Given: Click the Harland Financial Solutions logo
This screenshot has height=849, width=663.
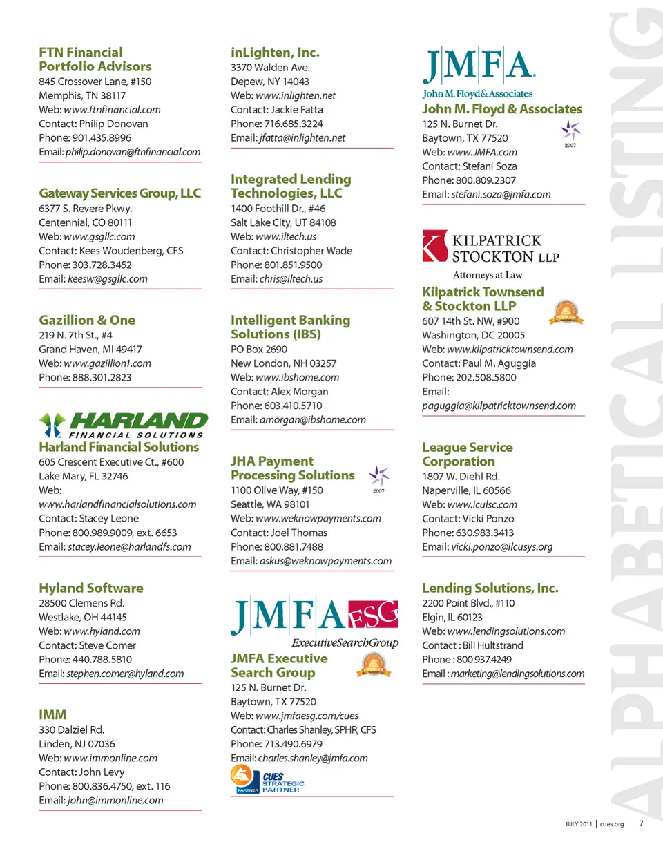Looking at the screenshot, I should [123, 425].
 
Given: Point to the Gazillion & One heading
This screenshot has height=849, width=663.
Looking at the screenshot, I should [87, 320].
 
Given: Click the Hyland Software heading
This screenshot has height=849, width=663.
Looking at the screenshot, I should [91, 588].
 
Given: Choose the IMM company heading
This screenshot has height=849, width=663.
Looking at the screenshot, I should [52, 715].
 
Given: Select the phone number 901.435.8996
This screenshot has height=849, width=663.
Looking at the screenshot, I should [102, 137].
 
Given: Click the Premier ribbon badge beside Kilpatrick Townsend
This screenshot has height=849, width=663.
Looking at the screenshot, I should [566, 312].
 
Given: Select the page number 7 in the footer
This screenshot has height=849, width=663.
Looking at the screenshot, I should [640, 823].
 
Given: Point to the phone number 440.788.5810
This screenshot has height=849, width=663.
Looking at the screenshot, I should [102, 659].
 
